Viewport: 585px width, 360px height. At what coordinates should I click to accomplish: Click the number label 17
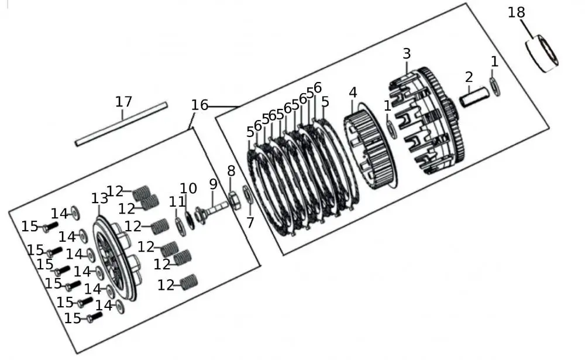pos(123,101)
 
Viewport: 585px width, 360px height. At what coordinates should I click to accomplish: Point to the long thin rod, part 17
pos(121,124)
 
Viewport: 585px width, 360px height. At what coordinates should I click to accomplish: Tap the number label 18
pos(516,12)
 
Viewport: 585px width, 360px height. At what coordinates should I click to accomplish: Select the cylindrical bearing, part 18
pos(543,54)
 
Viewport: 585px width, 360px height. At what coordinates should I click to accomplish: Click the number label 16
pos(199,105)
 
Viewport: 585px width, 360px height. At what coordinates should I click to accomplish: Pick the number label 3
pos(407,53)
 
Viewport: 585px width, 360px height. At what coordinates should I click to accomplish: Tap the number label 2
pos(469,77)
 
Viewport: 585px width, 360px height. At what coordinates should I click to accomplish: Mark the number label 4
pos(353,92)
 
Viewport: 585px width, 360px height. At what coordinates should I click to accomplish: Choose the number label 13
pos(99,198)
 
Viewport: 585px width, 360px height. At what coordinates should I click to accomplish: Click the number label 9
pos(213,184)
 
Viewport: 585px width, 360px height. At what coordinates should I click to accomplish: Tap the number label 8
pos(231,172)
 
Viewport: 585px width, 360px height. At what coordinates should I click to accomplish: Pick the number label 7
pos(250,222)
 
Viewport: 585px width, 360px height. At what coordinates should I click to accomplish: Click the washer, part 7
pos(247,195)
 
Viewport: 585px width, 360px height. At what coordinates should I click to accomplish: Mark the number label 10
pos(188,188)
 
